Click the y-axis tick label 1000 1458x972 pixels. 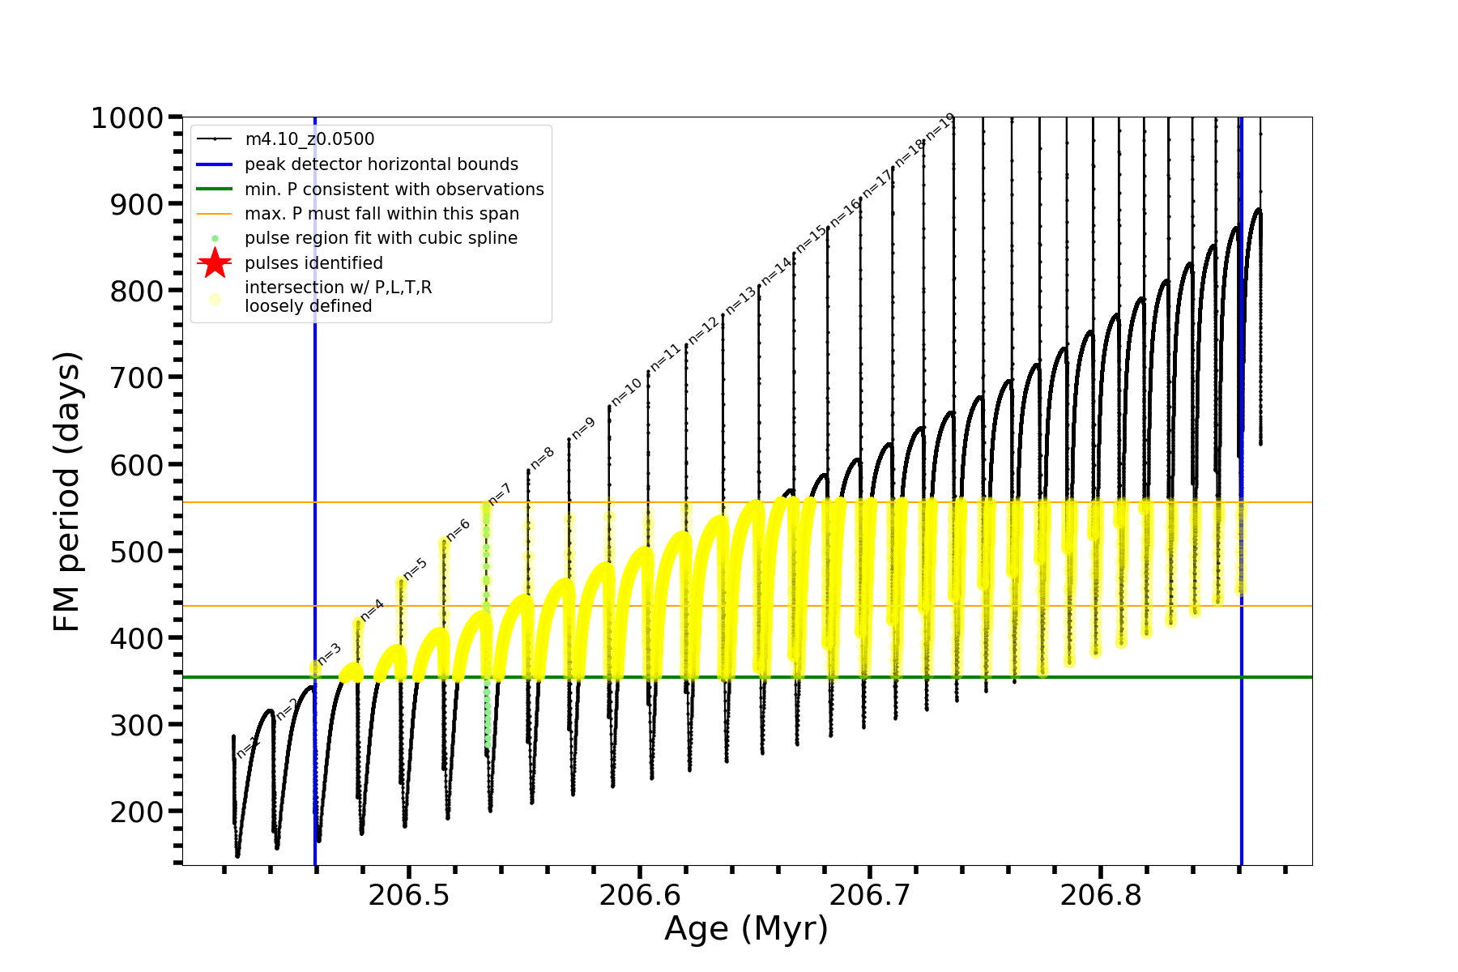point(127,118)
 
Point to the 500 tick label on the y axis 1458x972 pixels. point(137,552)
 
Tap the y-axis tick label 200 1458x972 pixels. point(137,812)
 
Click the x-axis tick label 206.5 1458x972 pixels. point(409,896)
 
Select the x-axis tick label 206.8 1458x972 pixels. point(1101,896)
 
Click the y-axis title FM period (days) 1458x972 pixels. point(67,492)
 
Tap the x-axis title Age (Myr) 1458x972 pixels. point(746,929)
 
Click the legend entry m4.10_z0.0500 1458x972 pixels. point(309,139)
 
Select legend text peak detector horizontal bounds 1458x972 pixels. point(382,164)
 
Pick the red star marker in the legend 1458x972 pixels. point(215,263)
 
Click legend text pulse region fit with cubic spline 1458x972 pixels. point(381,238)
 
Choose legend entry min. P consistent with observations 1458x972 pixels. point(394,190)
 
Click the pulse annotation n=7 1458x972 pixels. point(501,494)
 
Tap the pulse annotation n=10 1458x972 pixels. point(626,392)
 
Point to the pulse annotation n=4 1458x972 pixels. point(372,610)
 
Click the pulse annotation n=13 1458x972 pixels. point(740,301)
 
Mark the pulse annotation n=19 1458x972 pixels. point(940,127)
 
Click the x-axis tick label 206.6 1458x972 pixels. point(640,896)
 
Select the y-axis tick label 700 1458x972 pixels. point(137,378)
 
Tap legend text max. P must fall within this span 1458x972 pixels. point(382,214)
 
